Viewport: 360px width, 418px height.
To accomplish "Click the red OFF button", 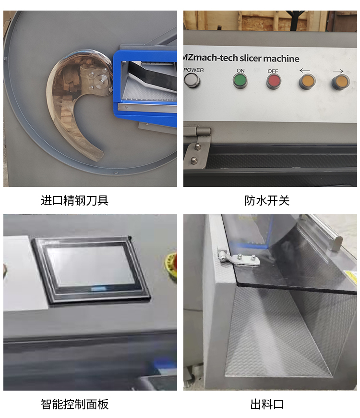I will (274, 81).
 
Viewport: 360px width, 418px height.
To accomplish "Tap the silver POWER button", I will (192, 80).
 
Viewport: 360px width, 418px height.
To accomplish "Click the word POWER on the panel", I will (194, 70).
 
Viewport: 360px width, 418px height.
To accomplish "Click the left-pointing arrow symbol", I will (305, 70).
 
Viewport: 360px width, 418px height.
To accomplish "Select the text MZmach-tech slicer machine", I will (241, 58).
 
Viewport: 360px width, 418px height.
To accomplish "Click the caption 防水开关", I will (267, 200).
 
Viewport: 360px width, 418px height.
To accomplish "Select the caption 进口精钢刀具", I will (74, 200).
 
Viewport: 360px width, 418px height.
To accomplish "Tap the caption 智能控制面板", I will (74, 404).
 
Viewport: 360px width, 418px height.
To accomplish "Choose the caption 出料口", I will (267, 404).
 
